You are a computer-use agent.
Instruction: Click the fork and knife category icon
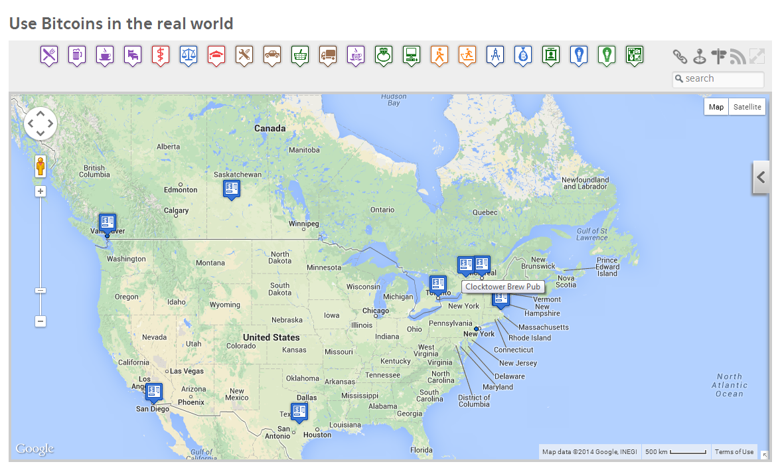(x=49, y=54)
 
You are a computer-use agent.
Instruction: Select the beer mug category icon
(x=77, y=54)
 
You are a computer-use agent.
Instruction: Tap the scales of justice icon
(x=189, y=54)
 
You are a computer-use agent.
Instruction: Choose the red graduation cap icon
(x=216, y=54)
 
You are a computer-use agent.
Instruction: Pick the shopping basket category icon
(x=300, y=54)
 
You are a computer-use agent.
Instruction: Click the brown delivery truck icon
(x=328, y=54)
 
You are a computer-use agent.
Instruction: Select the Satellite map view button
(x=747, y=107)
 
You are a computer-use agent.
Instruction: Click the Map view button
(x=716, y=107)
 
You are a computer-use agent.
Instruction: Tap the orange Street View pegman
(x=40, y=166)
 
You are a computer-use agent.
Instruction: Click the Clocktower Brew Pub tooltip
(x=503, y=287)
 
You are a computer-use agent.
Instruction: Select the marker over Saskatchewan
(x=231, y=190)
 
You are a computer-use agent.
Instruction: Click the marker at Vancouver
(x=107, y=223)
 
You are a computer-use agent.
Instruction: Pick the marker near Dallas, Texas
(x=299, y=412)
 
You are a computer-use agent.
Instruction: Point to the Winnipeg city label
(x=304, y=224)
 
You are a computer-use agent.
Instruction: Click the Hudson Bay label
(x=394, y=100)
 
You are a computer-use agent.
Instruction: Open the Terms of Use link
(x=734, y=452)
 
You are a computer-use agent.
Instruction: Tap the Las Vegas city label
(x=187, y=371)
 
